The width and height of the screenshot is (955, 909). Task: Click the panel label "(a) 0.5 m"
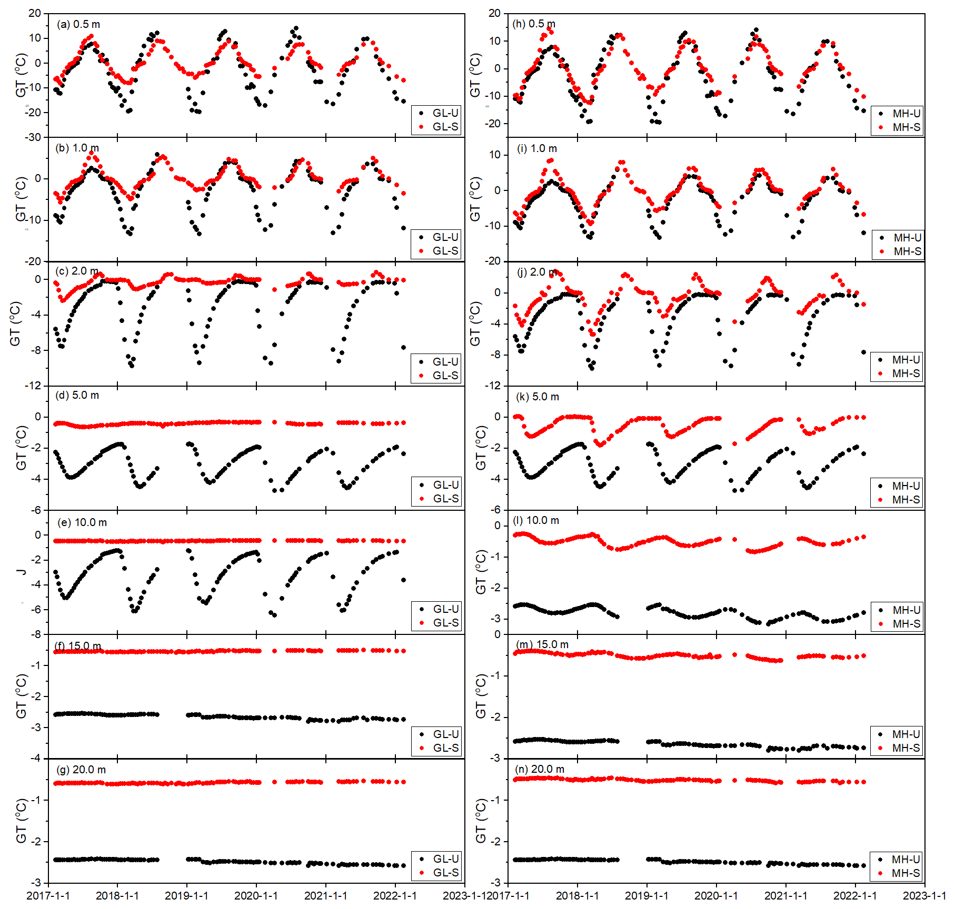pyautogui.click(x=78, y=24)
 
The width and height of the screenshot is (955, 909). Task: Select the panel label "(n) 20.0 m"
pyautogui.click(x=540, y=769)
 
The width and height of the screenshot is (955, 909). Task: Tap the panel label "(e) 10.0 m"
pyautogui.click(x=82, y=522)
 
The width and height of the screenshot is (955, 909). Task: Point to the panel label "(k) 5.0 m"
pyautogui.click(x=538, y=397)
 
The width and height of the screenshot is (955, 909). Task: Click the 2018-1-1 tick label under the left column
pyautogui.click(x=117, y=895)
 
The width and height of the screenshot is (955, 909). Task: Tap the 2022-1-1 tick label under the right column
pyautogui.click(x=855, y=895)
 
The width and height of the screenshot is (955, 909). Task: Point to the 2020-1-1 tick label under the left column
pyautogui.click(x=256, y=895)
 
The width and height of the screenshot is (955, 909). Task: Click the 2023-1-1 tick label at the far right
pyautogui.click(x=924, y=895)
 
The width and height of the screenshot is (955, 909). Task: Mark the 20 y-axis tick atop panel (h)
pyautogui.click(x=494, y=13)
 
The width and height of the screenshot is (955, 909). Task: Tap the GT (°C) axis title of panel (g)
pyautogui.click(x=21, y=821)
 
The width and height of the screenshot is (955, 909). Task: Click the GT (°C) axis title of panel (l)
pyautogui.click(x=481, y=572)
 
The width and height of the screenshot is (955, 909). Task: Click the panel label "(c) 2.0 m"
pyautogui.click(x=77, y=271)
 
